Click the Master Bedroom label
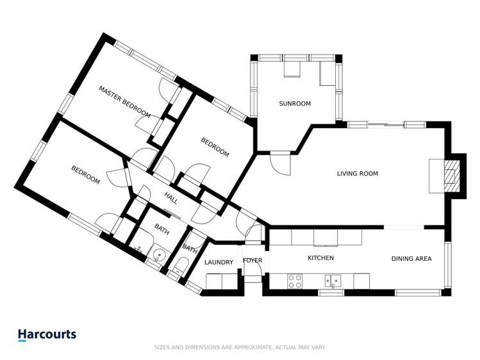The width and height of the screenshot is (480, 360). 124,102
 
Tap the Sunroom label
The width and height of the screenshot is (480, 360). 295,104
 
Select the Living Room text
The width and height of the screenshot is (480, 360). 358,174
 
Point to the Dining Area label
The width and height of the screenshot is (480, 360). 411,259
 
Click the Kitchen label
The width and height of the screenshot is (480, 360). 320,258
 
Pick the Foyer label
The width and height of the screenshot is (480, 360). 252,261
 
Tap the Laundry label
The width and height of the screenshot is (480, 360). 219,263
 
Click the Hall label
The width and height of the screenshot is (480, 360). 171,198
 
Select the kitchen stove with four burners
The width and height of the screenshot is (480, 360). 295,281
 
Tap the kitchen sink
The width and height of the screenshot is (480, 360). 333,280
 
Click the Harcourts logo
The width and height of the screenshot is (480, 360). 47,334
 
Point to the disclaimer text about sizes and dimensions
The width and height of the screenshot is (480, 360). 240,347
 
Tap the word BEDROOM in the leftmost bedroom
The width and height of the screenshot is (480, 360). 85,176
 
